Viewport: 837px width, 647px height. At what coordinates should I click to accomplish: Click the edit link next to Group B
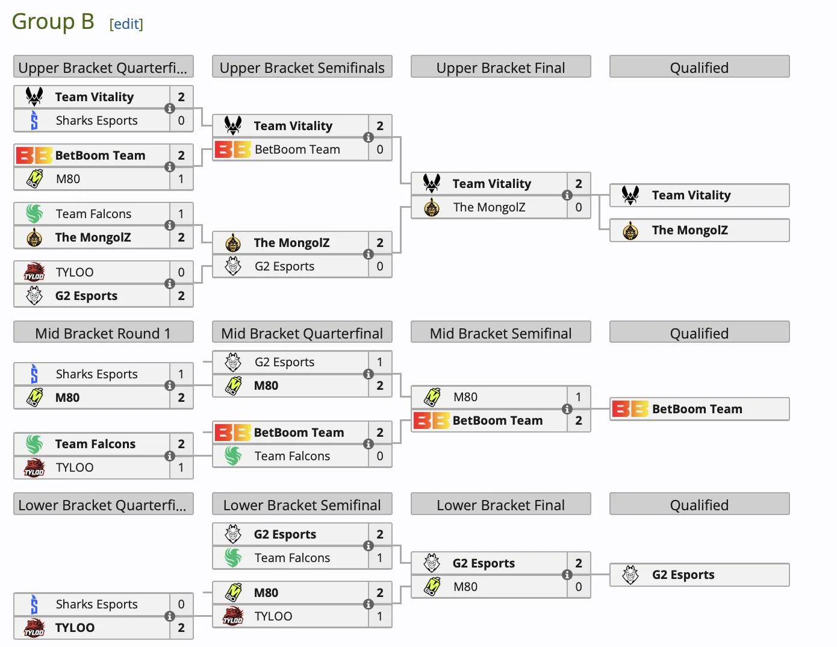(126, 24)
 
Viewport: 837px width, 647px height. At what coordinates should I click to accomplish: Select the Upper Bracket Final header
(500, 67)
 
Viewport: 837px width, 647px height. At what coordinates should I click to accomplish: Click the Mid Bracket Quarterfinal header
(302, 333)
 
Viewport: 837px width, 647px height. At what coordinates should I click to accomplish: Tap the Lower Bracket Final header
(500, 505)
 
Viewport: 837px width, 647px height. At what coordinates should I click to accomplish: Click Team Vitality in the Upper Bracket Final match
(491, 184)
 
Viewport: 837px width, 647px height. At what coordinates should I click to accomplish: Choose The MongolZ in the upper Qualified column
(689, 230)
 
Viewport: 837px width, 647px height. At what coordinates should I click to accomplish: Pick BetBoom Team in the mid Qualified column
(697, 409)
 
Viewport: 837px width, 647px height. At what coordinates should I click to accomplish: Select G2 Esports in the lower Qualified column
(683, 575)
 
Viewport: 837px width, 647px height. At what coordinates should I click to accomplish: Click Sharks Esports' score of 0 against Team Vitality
(181, 120)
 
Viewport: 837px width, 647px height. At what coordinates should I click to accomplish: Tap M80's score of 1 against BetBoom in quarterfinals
(181, 179)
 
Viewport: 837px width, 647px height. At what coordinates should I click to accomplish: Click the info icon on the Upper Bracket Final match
(567, 195)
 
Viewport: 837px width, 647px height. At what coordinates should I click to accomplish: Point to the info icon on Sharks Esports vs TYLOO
(170, 616)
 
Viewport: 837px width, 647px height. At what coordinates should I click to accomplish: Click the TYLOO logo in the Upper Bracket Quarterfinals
(34, 272)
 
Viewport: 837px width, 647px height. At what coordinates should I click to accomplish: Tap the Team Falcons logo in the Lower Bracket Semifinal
(233, 558)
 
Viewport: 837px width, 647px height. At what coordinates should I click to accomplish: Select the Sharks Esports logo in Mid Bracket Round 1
(34, 374)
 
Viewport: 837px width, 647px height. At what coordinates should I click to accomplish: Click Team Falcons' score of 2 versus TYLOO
(181, 444)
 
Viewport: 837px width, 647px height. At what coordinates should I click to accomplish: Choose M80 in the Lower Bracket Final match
(465, 587)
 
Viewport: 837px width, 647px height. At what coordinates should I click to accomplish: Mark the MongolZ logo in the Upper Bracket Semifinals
(233, 243)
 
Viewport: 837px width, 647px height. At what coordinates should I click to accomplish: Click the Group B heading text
(53, 22)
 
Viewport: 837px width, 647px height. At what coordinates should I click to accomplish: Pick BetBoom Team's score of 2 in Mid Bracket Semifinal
(579, 420)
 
